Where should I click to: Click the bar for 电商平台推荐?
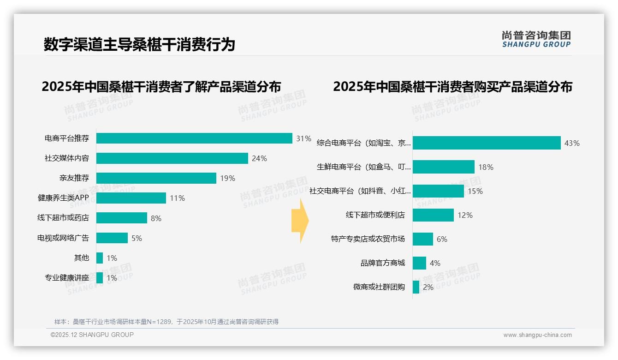194,138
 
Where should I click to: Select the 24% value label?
259,158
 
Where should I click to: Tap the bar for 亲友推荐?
156,178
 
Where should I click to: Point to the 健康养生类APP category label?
63,198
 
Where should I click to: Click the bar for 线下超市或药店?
122,218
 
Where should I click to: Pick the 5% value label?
137,238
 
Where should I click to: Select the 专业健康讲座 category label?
67,278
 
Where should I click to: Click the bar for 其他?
100,258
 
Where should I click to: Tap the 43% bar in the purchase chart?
487,143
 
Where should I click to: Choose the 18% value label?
486,167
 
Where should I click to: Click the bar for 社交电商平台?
438,191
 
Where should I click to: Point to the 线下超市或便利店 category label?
375,215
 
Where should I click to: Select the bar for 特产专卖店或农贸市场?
423,239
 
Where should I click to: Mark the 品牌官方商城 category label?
383,263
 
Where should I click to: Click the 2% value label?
428,287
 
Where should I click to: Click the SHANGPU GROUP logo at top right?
536,39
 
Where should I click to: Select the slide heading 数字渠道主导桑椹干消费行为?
139,44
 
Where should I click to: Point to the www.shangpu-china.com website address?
537,335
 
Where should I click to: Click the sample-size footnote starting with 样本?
166,322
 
